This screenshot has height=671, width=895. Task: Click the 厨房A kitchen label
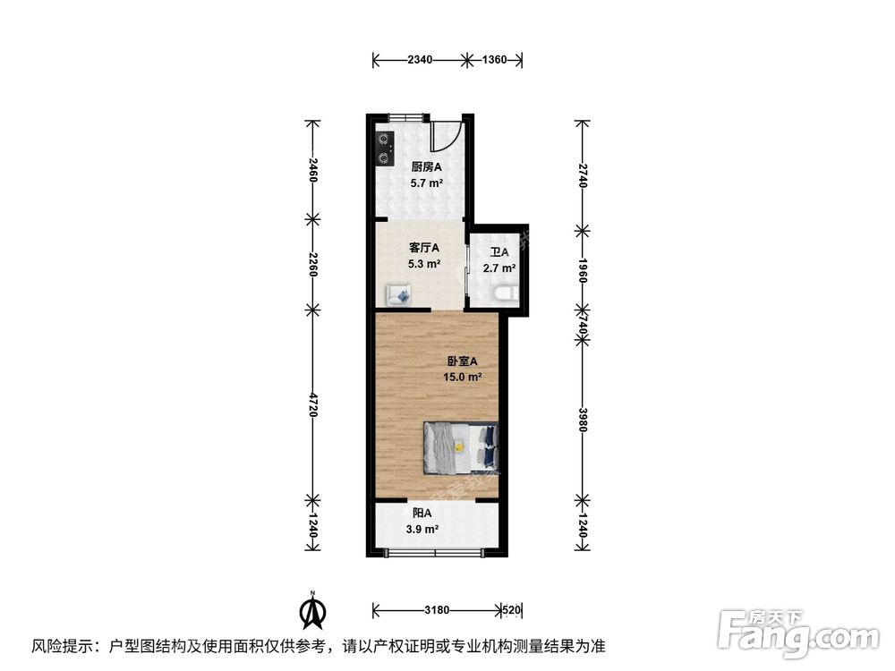[x=427, y=166]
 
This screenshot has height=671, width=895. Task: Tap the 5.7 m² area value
[x=427, y=183]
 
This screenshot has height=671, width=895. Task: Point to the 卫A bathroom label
[x=499, y=251]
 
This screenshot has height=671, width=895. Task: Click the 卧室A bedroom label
[x=463, y=361]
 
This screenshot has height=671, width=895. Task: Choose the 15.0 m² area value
[x=463, y=378]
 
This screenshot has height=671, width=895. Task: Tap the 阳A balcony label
[x=422, y=514]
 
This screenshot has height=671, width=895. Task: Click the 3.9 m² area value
[x=422, y=530]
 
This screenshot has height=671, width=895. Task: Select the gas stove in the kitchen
[x=385, y=149]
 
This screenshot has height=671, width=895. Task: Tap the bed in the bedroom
[x=460, y=446]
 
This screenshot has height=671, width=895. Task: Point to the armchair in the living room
[x=399, y=294]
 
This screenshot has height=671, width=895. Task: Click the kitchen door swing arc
[x=445, y=137]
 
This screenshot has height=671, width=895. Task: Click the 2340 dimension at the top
[x=420, y=61]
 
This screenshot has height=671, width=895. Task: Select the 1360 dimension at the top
[x=494, y=61]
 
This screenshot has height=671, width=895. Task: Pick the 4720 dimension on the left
[x=312, y=403]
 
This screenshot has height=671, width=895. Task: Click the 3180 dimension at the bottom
[x=436, y=610]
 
